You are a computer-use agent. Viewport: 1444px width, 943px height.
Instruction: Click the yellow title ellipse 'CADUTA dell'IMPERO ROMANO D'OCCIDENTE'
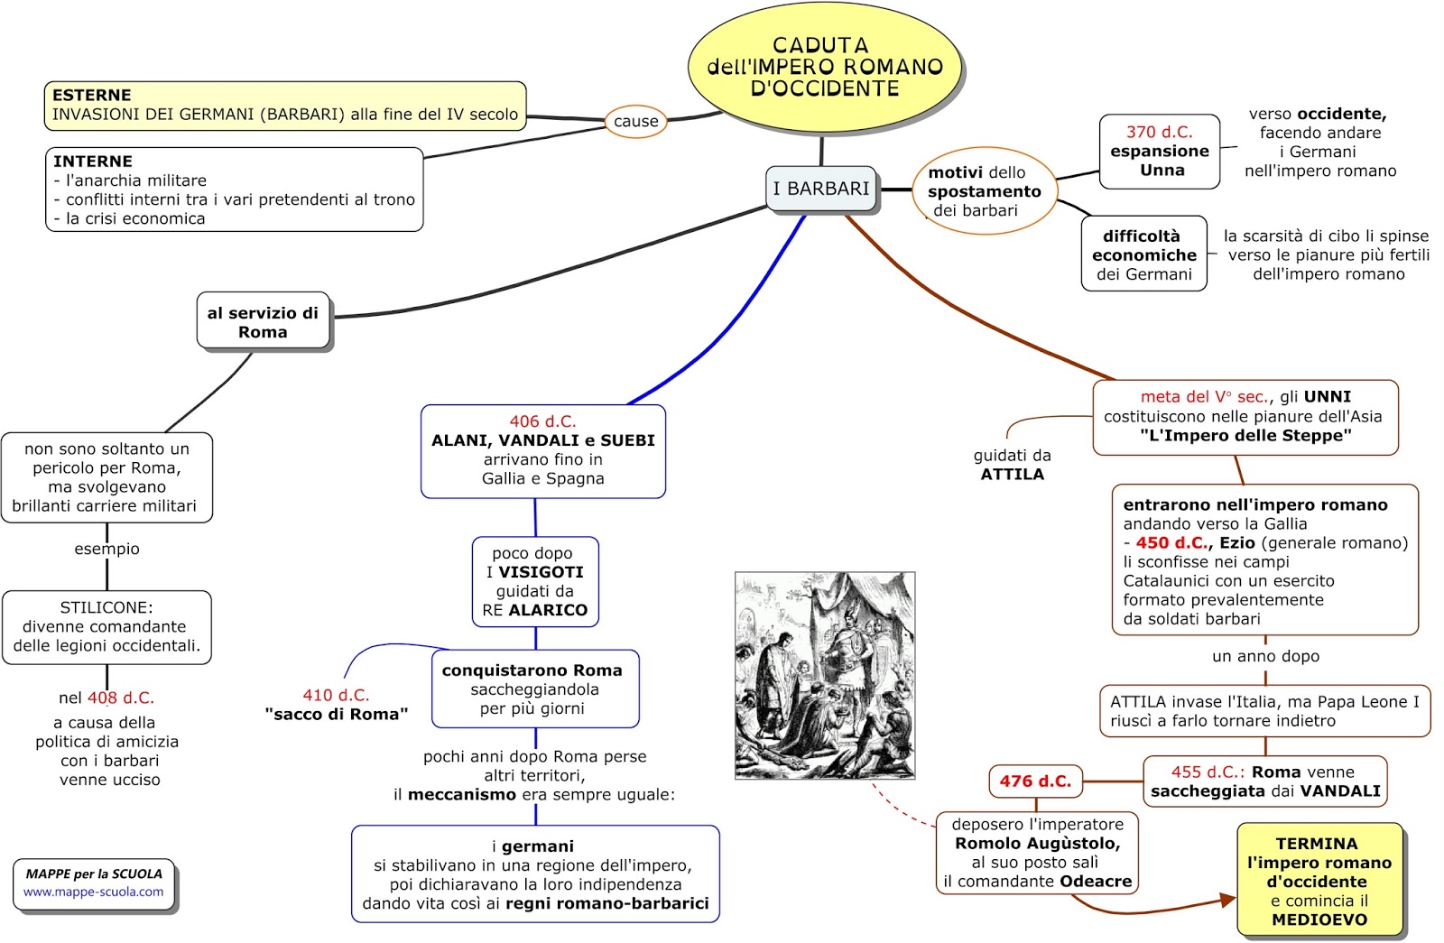[824, 67]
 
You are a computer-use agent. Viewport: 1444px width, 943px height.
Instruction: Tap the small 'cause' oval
[635, 121]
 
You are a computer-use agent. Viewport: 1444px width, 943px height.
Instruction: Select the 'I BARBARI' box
[821, 189]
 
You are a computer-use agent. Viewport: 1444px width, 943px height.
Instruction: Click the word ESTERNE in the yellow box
[91, 95]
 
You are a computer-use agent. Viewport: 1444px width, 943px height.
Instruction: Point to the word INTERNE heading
[92, 162]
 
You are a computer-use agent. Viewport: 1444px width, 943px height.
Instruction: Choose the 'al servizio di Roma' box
[263, 322]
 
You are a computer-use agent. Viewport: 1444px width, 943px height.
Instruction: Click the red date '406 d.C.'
[542, 421]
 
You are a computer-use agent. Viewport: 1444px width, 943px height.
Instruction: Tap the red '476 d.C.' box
[1035, 781]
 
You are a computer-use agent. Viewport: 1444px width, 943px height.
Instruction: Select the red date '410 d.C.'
[336, 695]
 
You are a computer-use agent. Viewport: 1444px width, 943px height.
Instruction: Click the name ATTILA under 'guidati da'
[1012, 475]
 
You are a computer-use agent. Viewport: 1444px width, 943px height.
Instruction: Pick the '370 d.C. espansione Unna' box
[1160, 151]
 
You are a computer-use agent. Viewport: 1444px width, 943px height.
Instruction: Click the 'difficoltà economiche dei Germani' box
[1143, 254]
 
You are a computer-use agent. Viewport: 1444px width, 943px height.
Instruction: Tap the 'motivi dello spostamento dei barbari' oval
[984, 191]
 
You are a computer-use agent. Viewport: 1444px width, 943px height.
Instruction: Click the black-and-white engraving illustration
[825, 675]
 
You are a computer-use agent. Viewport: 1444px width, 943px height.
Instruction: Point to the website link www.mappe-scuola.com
[94, 892]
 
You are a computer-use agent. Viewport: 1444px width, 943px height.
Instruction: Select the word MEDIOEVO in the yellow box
[1319, 920]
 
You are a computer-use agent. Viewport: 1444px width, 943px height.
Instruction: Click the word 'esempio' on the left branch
[106, 549]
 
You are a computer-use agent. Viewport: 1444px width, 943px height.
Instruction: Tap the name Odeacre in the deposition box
[1096, 882]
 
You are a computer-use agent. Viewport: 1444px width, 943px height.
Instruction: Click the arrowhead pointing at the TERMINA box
[1227, 900]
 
